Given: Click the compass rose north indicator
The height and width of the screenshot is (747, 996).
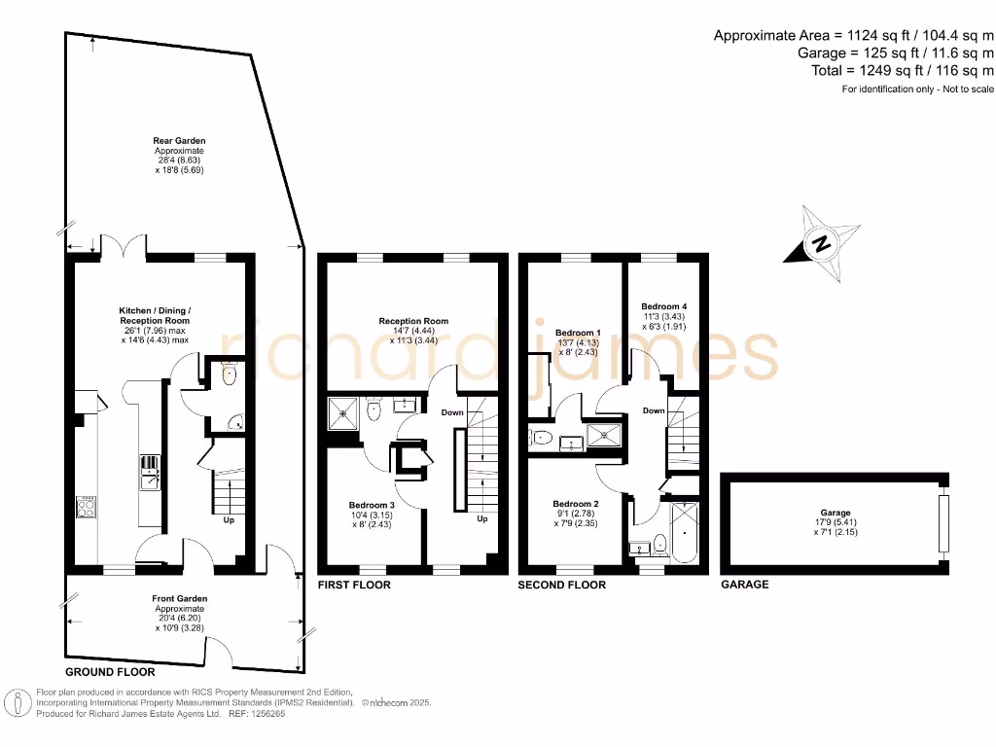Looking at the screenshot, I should [x=822, y=243].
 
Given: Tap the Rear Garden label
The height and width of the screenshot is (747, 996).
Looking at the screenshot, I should [x=179, y=141].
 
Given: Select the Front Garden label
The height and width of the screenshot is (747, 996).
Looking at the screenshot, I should [x=179, y=598].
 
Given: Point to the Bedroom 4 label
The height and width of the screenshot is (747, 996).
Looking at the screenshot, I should [x=664, y=305].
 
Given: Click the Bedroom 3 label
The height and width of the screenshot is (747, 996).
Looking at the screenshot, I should [x=372, y=505].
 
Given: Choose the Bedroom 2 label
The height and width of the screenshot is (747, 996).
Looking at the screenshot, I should [x=577, y=504].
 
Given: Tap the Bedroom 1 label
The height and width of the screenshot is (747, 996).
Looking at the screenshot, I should [x=578, y=332].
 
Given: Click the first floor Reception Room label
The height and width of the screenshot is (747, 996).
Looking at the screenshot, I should [x=413, y=321].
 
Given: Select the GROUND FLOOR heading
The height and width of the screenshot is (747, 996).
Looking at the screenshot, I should [x=109, y=672].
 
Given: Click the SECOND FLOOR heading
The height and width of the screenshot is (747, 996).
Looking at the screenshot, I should [x=561, y=585].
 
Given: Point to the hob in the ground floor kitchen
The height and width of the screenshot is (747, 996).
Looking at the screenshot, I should [x=88, y=507].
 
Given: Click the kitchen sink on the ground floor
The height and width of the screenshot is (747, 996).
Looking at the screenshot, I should [x=150, y=478].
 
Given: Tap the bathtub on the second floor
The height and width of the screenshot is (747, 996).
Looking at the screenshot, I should [x=685, y=532].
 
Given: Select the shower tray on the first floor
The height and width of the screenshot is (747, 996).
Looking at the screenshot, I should [x=343, y=412].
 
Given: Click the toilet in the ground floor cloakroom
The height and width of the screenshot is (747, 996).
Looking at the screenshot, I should [x=229, y=374].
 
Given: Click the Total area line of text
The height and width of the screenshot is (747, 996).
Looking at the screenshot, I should [x=902, y=71].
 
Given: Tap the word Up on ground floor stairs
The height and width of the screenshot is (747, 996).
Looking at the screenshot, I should [x=229, y=519].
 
